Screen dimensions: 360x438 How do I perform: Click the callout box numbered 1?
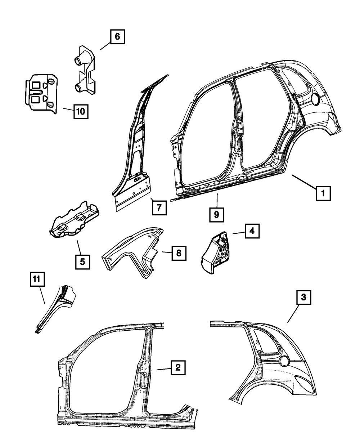pos(323,193)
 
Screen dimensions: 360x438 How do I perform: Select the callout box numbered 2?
pos(177,368)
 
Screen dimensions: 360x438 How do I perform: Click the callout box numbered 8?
pos(179,253)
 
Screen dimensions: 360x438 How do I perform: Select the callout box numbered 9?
pos(216,214)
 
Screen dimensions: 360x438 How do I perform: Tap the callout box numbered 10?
pos(81,111)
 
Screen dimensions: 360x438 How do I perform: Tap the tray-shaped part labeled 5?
pos(75,220)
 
